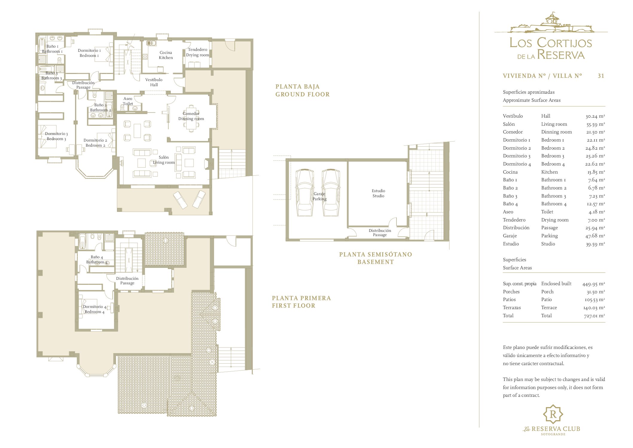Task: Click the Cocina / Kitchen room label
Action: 166,55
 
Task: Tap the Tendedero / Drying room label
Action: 197,52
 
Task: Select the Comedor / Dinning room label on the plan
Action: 191,116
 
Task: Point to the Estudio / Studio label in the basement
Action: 378,193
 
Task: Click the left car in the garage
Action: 304,192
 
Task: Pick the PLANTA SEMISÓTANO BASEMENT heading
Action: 376,258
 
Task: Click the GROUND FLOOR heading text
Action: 302,94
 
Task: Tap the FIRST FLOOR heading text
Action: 293,306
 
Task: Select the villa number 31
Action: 601,76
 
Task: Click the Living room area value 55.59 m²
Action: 595,124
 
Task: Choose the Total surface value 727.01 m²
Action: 594,316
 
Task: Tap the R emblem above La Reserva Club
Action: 553,414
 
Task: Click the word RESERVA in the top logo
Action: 561,55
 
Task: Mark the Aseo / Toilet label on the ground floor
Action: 128,101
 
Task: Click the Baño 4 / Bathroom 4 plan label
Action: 97,259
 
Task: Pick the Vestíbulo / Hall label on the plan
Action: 154,82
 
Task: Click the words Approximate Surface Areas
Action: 532,100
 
